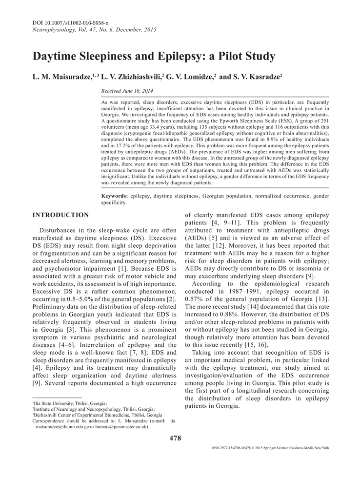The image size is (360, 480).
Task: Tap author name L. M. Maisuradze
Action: (64, 77)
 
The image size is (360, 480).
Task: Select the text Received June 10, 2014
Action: (127, 91)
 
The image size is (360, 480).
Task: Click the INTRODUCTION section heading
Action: (60, 215)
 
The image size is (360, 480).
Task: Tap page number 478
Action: (175, 438)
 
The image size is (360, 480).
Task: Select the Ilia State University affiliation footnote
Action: (70, 404)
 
